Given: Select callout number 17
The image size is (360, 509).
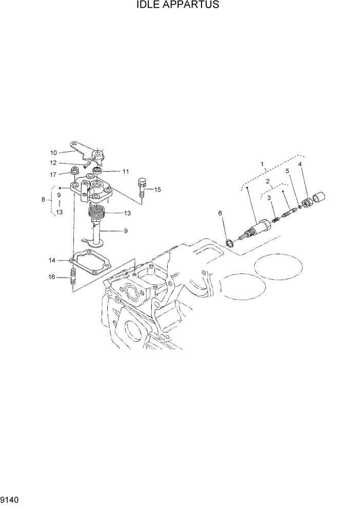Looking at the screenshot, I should point(53,174).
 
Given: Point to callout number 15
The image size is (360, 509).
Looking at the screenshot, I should point(157,189).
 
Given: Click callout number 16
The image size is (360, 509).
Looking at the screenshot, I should point(52,277).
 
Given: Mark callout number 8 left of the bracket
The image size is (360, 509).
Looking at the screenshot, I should point(43,199).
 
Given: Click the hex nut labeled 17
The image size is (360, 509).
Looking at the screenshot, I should point(74,170).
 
